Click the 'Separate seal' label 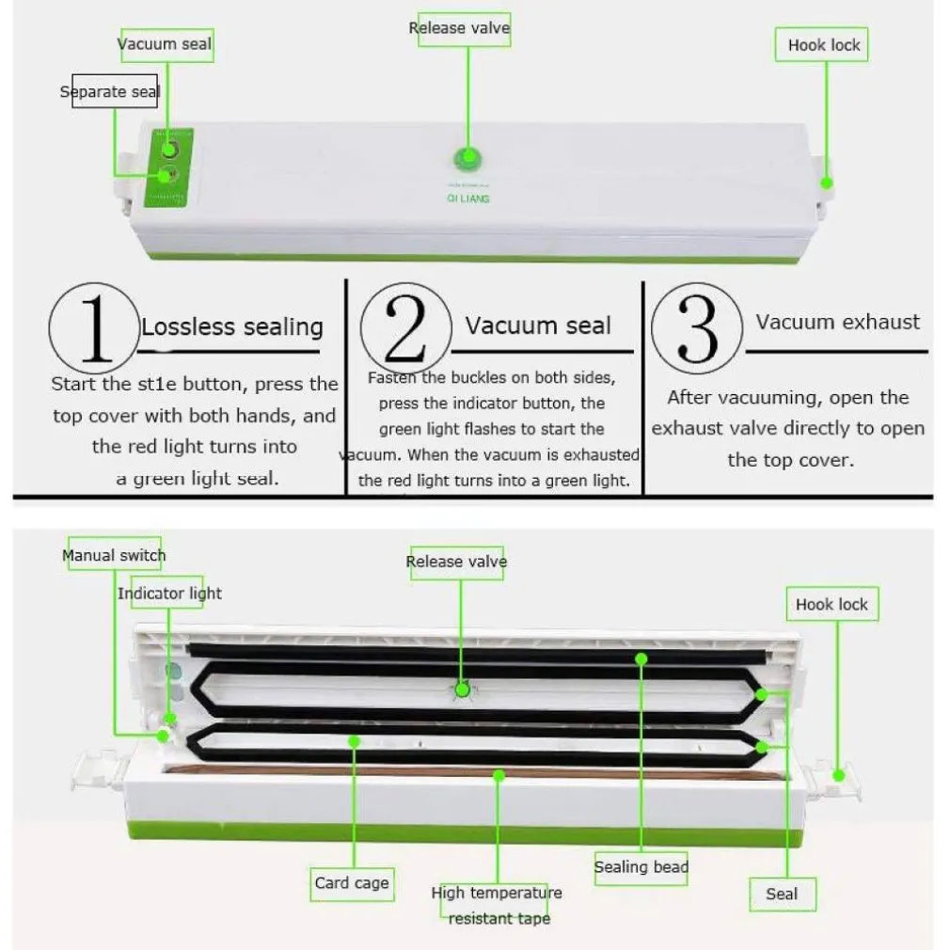tap(111, 91)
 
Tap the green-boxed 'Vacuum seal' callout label tap(166, 43)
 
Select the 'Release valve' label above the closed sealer tap(459, 28)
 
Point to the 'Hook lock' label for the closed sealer tap(823, 44)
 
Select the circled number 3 tap(697, 328)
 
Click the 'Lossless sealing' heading tap(232, 327)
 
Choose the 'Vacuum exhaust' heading tap(837, 322)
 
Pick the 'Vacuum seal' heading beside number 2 tap(538, 326)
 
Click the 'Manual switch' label tap(114, 555)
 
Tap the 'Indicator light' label tap(170, 593)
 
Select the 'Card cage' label tap(352, 882)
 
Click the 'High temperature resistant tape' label tap(497, 905)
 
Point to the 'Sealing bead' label tap(641, 866)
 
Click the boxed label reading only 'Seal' tap(781, 894)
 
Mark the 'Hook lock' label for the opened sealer tap(831, 604)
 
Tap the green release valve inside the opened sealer tap(462, 689)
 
